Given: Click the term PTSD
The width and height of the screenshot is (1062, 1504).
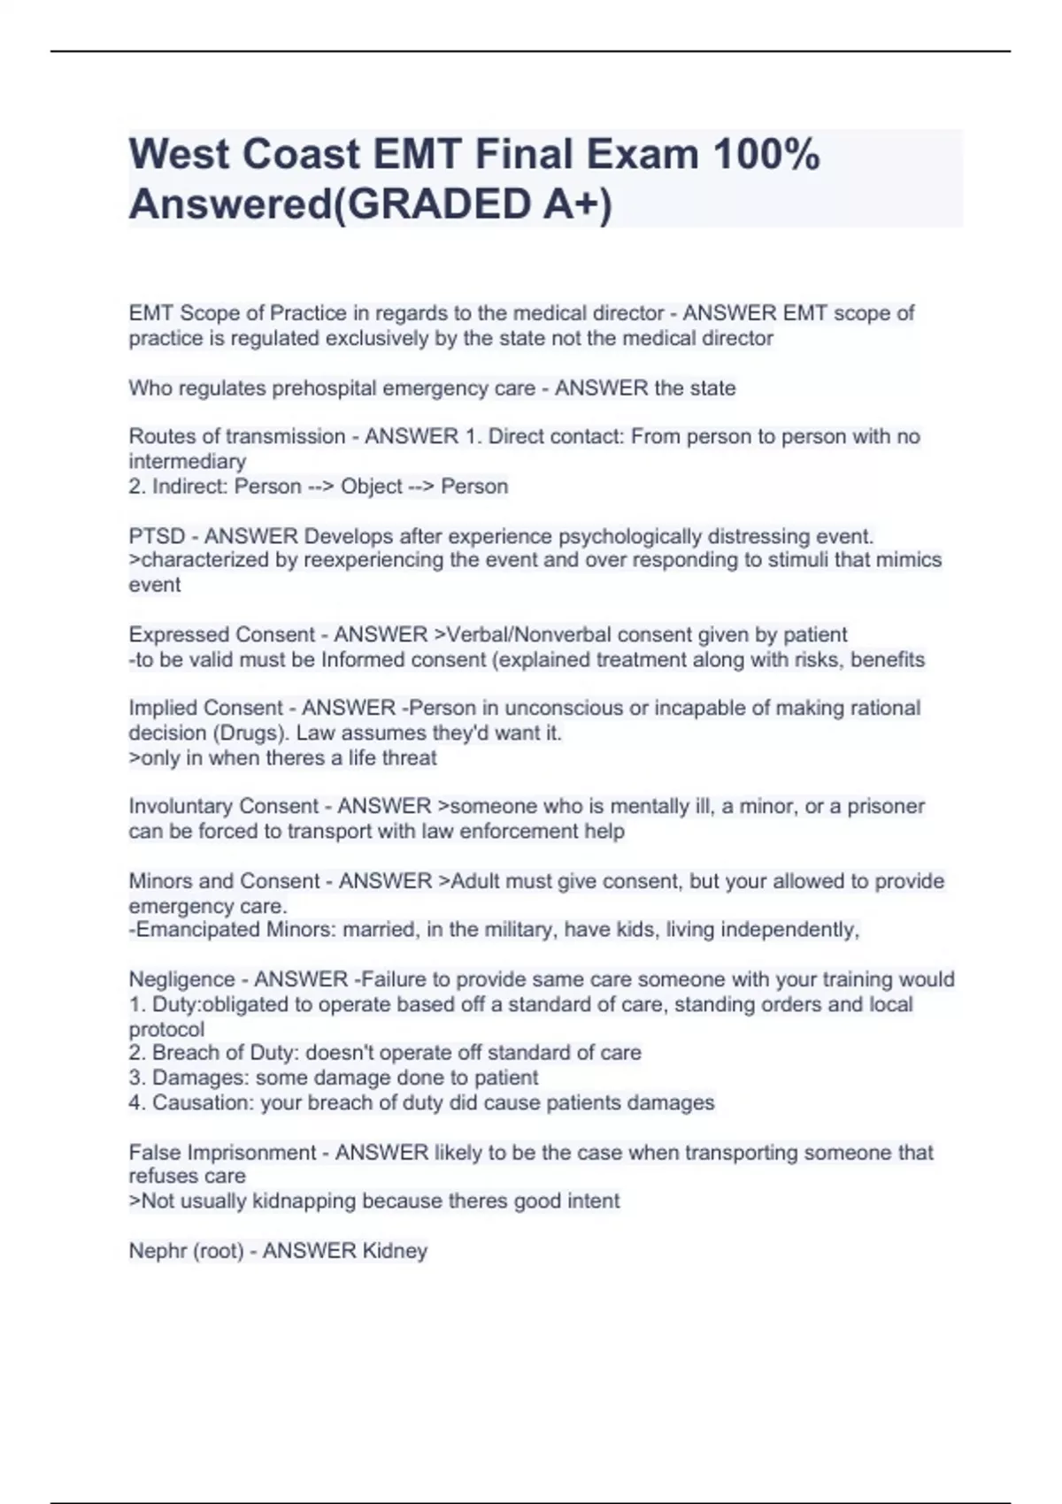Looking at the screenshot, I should point(157,536).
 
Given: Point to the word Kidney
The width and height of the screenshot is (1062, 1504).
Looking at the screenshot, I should point(395,1250).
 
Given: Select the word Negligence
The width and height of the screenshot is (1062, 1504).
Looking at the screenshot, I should point(181,979).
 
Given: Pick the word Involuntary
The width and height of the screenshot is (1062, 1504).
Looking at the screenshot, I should point(179,806).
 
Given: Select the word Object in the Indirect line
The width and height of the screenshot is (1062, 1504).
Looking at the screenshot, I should point(371,486).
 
